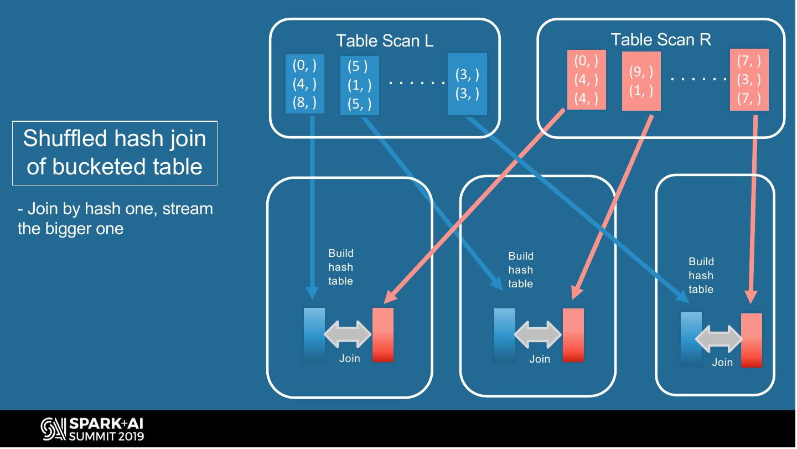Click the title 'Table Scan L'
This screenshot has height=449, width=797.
(x=385, y=40)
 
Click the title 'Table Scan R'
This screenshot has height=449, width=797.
(x=661, y=39)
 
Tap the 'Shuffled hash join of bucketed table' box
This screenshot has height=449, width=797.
(x=115, y=153)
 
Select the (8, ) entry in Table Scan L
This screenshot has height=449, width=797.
(x=304, y=102)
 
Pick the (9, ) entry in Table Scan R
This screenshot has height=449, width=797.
(x=641, y=72)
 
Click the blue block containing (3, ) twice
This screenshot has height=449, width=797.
(x=468, y=84)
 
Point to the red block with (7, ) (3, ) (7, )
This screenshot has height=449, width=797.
(x=749, y=80)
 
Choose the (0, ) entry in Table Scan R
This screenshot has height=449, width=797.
(x=586, y=61)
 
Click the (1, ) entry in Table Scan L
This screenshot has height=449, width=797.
(x=359, y=85)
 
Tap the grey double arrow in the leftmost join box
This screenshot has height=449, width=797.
(x=348, y=334)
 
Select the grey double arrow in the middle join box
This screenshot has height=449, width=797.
(x=538, y=334)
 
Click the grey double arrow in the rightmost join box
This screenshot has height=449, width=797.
(x=719, y=339)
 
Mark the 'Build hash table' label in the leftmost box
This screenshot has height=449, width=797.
(x=340, y=267)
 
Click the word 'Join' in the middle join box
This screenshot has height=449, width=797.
(x=540, y=359)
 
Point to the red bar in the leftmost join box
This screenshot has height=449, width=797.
(x=383, y=335)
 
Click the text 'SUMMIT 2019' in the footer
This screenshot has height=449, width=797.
(x=106, y=436)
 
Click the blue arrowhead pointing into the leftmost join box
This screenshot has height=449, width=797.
(x=312, y=293)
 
